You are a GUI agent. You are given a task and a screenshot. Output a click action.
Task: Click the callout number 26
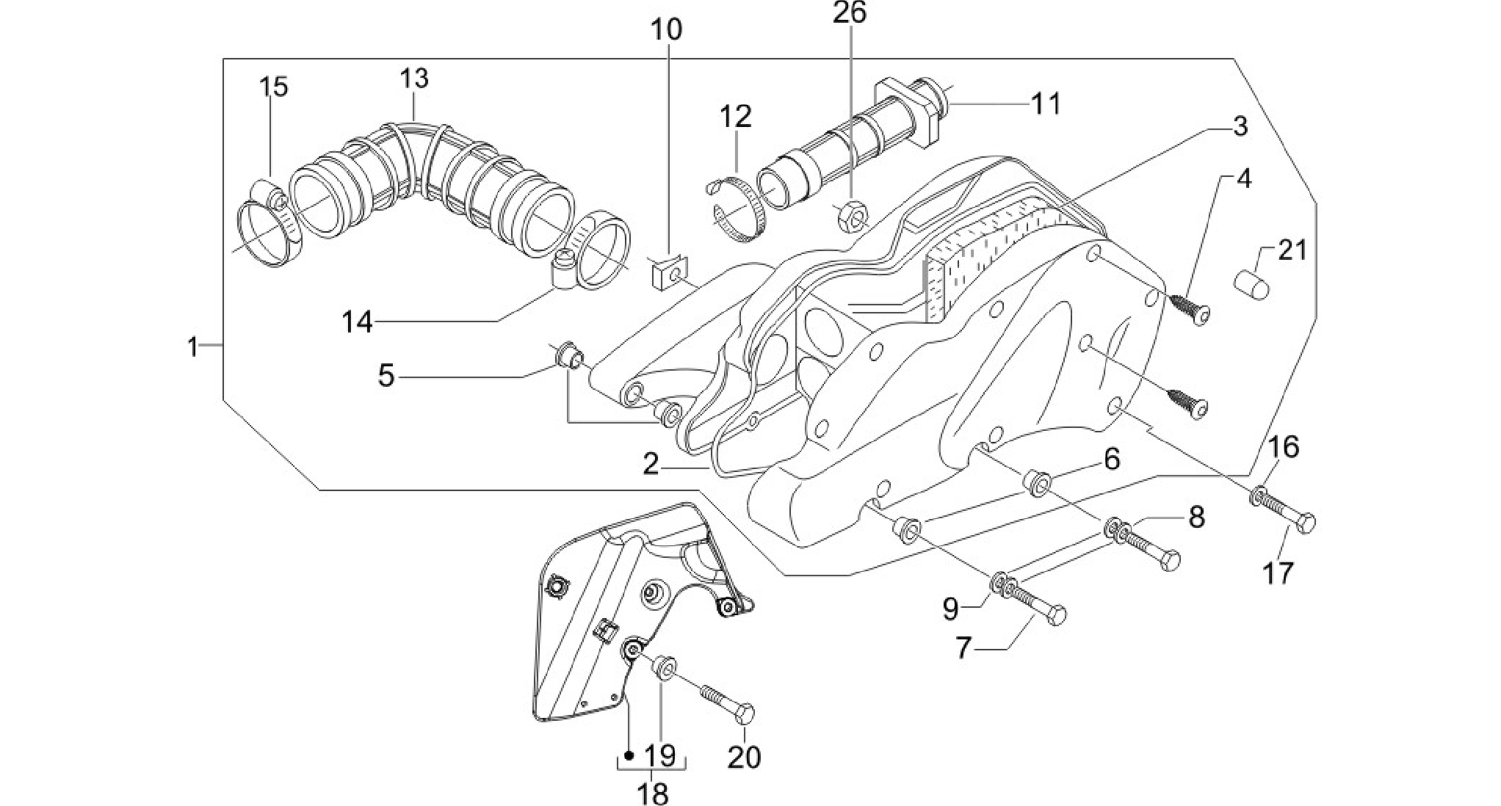point(850,12)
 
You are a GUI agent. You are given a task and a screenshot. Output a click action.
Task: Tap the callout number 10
point(666,30)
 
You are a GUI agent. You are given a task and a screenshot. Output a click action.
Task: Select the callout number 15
point(273,87)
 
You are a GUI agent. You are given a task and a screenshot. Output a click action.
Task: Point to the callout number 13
point(414,78)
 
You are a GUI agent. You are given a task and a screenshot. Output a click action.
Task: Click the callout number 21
point(1292,250)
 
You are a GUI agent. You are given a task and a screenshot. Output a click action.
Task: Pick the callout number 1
point(193,346)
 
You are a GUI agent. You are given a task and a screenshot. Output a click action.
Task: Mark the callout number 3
point(1240,126)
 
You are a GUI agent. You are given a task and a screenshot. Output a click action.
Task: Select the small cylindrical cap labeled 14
point(565,272)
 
